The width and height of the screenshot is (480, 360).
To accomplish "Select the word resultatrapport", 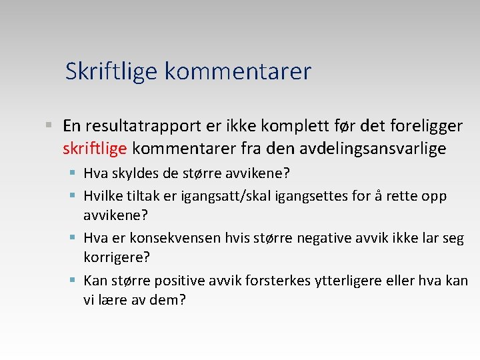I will [x=138, y=126].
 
